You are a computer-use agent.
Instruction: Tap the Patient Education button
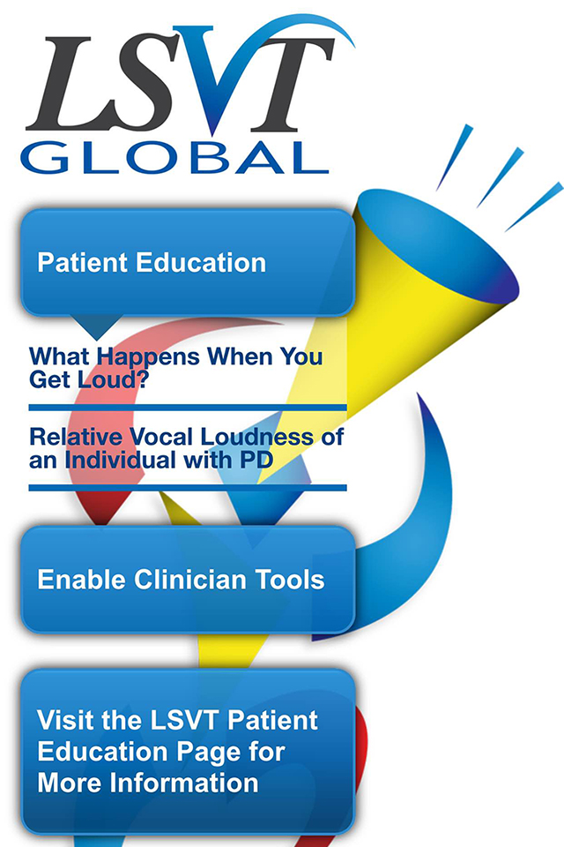pos(188,263)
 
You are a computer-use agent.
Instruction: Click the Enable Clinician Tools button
pos(188,580)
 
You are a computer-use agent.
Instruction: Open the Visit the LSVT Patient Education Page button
pos(188,752)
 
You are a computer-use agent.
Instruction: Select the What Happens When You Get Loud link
pos(176,368)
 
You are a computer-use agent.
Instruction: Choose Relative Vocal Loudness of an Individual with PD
pos(186,448)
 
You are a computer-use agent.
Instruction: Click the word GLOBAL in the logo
pos(174,157)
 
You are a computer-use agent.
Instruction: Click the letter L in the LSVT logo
pos(70,84)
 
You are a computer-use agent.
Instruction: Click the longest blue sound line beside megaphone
pos(534,206)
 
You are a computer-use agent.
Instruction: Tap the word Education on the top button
pos(201,263)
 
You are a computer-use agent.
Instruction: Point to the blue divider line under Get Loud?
pos(188,408)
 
